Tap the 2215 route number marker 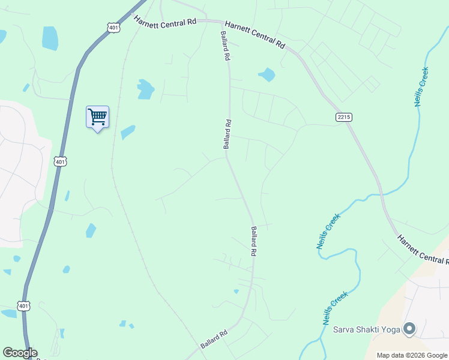(x=343, y=116)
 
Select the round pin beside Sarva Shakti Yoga (x=410, y=328)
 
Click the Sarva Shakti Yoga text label (x=367, y=329)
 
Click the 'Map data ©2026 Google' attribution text (x=412, y=355)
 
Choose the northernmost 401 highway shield (x=113, y=27)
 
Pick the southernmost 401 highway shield (x=23, y=306)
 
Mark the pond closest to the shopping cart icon (x=128, y=131)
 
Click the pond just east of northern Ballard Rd (x=267, y=74)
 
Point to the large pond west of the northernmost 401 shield (x=50, y=38)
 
